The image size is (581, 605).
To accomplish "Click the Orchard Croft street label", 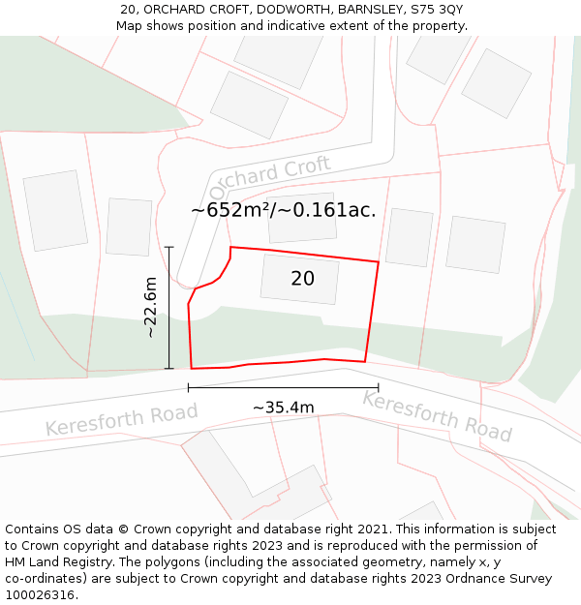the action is point(270,176).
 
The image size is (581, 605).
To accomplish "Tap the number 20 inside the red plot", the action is point(302,279).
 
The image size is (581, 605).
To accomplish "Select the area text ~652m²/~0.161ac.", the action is point(283,209).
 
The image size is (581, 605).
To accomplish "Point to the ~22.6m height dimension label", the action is point(150,307).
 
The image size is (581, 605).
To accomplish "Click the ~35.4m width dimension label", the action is point(283,408).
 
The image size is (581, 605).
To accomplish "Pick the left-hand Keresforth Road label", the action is point(121,420).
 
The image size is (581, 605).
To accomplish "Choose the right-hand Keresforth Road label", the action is point(437,415).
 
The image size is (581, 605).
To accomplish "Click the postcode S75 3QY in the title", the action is point(437,9).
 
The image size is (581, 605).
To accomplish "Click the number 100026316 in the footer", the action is point(42,595).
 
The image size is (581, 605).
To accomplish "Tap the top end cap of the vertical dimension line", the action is point(169,247).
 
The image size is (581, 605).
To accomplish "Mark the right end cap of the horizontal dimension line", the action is point(378,388).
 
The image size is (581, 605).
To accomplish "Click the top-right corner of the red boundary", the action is point(378,261).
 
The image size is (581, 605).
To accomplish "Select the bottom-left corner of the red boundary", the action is point(192,369).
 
